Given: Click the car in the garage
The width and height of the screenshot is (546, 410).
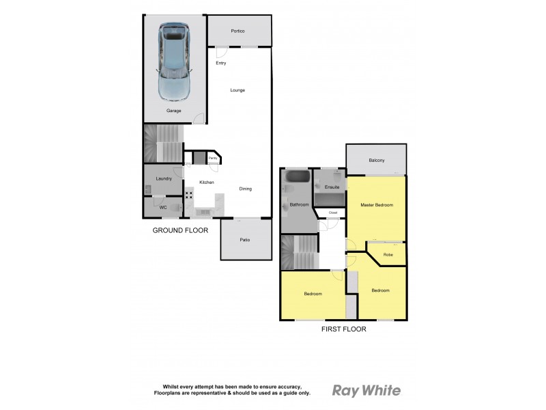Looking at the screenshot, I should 173,61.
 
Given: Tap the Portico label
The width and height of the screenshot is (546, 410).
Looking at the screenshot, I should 238,31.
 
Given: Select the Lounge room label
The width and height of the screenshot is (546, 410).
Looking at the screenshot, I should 238,90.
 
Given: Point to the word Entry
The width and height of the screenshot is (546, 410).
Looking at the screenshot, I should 220,64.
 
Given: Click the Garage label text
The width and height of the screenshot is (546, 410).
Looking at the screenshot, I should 173,111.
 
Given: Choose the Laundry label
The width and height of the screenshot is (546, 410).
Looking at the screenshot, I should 164,178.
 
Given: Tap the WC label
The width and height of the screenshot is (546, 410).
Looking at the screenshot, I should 162,207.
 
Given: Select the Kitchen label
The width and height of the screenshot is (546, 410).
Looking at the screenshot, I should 207,182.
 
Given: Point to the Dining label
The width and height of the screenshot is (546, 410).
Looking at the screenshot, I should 246,189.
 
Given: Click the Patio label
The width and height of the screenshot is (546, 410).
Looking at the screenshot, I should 245,240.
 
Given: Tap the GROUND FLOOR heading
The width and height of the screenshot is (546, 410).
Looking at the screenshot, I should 180,231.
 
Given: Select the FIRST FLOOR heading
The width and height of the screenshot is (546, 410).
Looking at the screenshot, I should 344,329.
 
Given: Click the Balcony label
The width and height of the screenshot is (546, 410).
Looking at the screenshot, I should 376,161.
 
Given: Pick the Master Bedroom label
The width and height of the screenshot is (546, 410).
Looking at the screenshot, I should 376,205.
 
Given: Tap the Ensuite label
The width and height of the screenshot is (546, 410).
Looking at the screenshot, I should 332,187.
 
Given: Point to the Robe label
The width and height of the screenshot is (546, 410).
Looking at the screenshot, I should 388,255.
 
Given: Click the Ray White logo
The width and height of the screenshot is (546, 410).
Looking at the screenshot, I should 367,391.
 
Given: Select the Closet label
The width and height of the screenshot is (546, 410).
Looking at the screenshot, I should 333,213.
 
